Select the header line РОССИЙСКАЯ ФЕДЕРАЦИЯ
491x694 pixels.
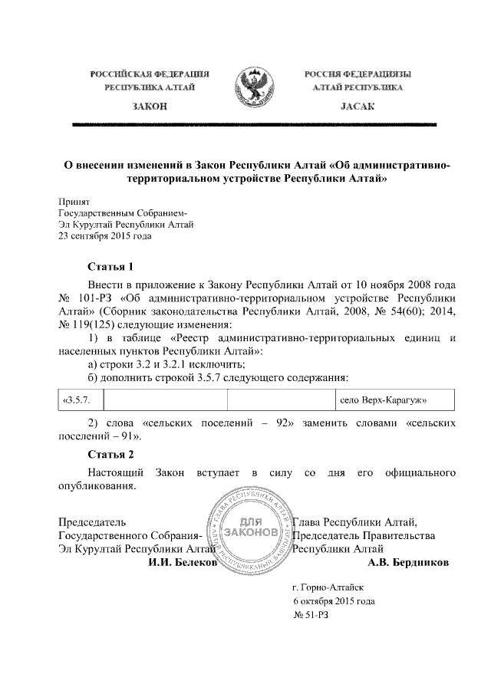click(x=150, y=74)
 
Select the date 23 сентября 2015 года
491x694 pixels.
click(x=105, y=236)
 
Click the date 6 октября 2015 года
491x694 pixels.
click(x=334, y=601)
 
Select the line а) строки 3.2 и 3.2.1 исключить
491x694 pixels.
click(x=168, y=363)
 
